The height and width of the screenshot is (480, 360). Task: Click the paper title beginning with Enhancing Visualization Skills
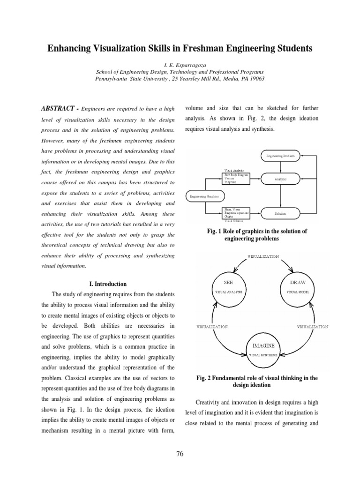click(x=180, y=48)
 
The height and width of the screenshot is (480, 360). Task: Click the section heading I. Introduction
click(x=107, y=284)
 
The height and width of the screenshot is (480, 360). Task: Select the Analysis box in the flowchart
click(x=280, y=179)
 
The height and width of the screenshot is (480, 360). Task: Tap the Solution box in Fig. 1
click(x=280, y=213)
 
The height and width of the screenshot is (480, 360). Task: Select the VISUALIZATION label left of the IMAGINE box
click(x=212, y=326)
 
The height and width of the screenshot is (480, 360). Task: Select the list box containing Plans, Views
click(x=237, y=214)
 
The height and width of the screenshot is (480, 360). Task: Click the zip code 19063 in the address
click(x=256, y=79)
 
